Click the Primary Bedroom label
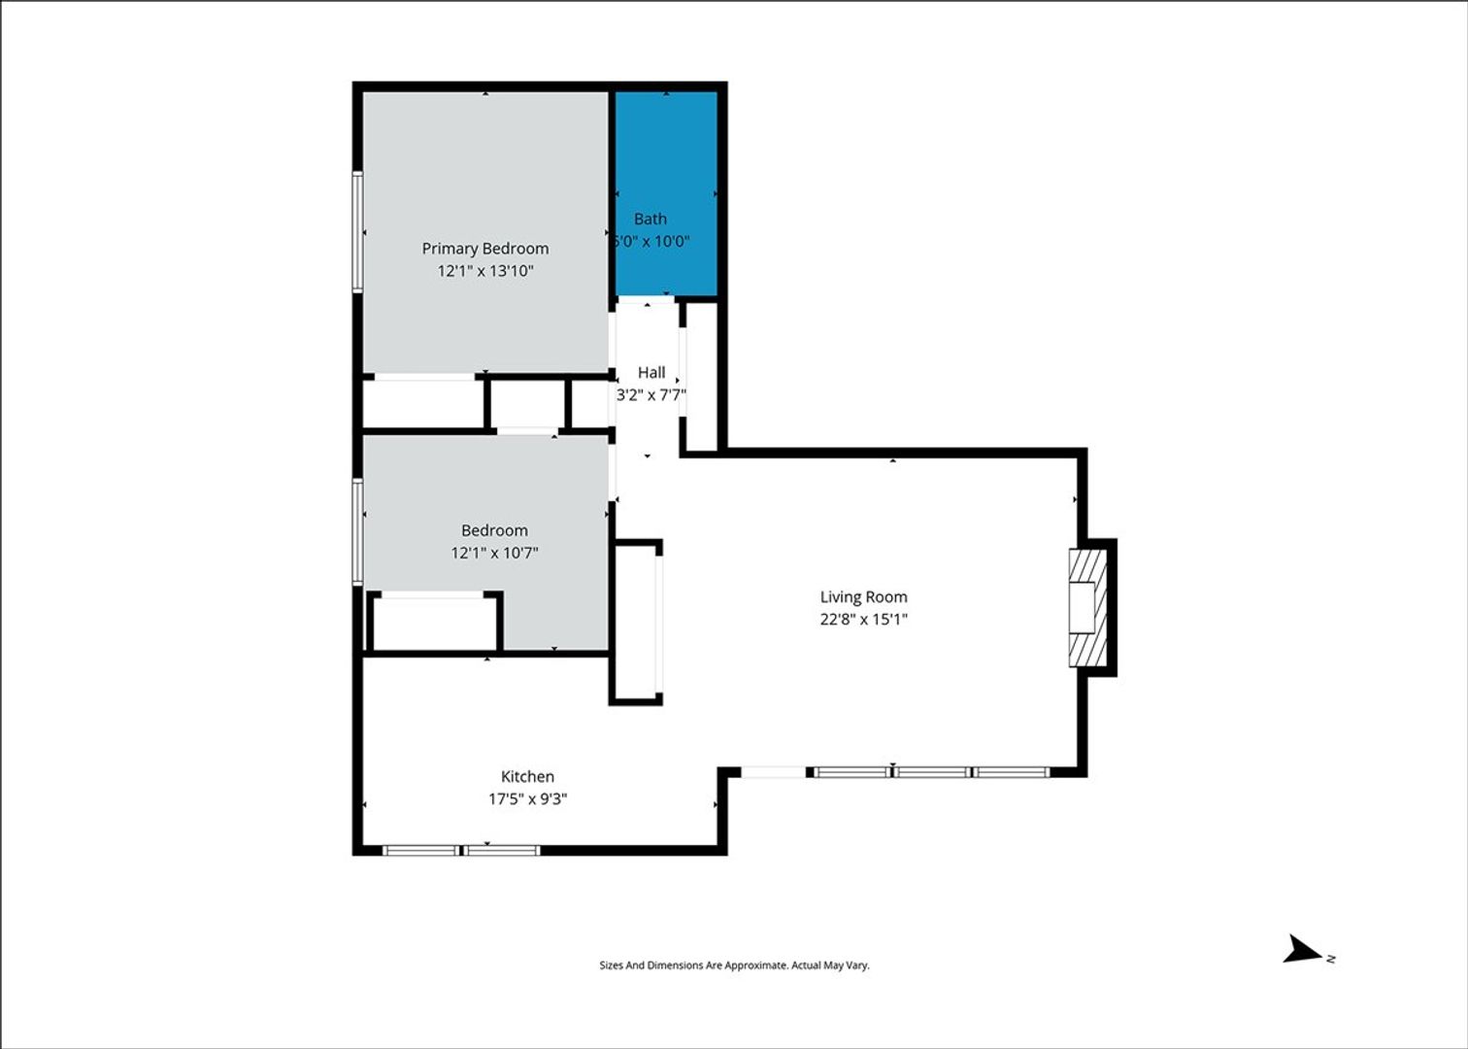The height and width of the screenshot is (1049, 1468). click(485, 249)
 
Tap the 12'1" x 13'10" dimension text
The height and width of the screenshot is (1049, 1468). click(485, 271)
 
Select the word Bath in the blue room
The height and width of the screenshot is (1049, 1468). click(651, 219)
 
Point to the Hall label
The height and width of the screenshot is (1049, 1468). click(651, 372)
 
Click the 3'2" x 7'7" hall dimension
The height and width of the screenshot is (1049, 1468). click(651, 394)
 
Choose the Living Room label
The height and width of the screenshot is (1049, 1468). click(864, 597)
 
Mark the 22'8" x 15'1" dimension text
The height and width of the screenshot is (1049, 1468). click(864, 619)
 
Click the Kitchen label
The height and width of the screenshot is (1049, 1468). click(527, 776)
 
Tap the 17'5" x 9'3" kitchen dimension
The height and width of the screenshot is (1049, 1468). click(527, 798)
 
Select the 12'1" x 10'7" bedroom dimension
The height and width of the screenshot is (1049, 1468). click(494, 553)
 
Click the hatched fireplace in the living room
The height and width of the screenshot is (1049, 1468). click(1088, 608)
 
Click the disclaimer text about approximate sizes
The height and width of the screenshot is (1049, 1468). click(734, 965)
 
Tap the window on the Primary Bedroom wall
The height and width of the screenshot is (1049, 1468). click(358, 231)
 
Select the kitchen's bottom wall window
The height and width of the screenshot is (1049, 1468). click(461, 850)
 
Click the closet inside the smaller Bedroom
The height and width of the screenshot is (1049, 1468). click(435, 622)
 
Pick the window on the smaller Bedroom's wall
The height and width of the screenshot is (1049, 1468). click(358, 531)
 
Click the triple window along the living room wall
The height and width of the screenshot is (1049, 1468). click(930, 772)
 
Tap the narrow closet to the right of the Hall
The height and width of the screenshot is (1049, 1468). click(702, 376)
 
